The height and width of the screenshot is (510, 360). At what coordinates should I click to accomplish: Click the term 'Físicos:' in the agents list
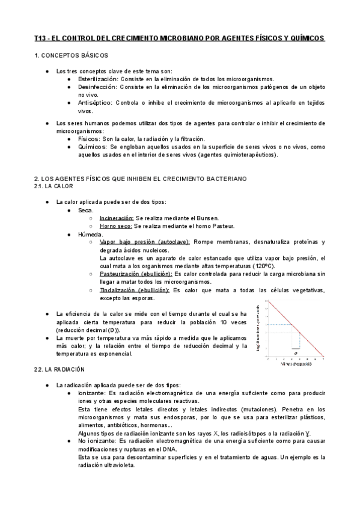coord(90,138)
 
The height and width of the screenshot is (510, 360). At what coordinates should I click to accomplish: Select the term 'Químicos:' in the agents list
coord(93,146)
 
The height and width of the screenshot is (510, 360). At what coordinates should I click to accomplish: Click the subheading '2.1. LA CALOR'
coord(55,186)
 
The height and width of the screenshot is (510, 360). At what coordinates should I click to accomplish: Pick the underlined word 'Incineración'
coord(117,218)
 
